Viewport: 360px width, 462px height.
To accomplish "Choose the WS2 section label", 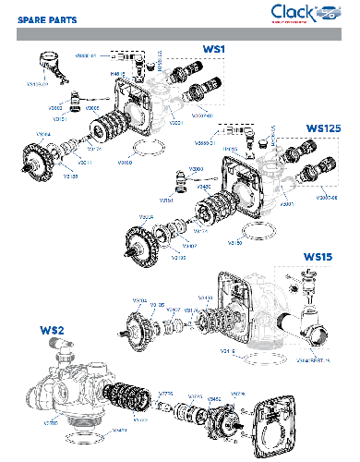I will (x=52, y=329).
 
